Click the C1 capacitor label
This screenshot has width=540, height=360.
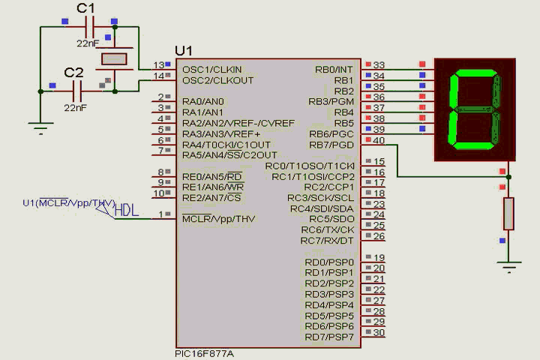pyautogui.click(x=86, y=8)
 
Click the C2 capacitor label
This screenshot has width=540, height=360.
pyautogui.click(x=73, y=72)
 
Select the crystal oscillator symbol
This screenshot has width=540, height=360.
pyautogui.click(x=115, y=59)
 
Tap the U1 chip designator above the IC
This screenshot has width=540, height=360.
pyautogui.click(x=184, y=50)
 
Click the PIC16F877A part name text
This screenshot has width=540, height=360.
pyautogui.click(x=205, y=352)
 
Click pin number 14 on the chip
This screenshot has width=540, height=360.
pyautogui.click(x=159, y=76)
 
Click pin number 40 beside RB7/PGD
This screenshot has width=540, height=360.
pyautogui.click(x=379, y=140)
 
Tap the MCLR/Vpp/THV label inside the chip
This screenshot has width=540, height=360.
pyautogui.click(x=218, y=219)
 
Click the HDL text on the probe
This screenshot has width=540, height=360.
pyautogui.click(x=127, y=211)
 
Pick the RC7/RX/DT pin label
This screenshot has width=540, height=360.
pyautogui.click(x=327, y=241)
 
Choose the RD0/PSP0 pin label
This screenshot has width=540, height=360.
pyautogui.click(x=328, y=262)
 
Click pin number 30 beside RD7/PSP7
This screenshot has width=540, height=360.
pyautogui.click(x=379, y=332)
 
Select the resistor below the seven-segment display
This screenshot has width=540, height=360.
pyautogui.click(x=509, y=214)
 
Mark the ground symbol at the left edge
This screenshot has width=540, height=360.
pyautogui.click(x=39, y=127)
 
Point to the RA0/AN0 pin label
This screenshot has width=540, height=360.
pyautogui.click(x=202, y=101)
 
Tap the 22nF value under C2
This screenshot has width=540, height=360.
pyautogui.click(x=75, y=107)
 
